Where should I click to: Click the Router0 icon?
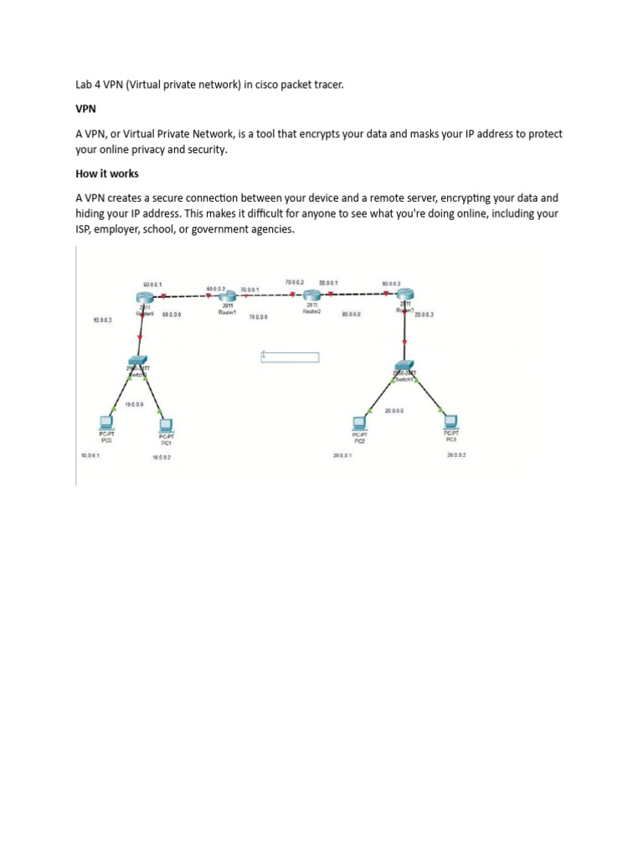pos(147,298)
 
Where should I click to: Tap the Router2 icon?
pos(312,295)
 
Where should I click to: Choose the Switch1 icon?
pos(405,369)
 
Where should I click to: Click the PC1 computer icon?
pos(166,425)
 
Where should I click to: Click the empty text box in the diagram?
pos(290,357)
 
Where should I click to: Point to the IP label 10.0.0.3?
pos(101,321)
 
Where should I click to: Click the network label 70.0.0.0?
pos(258,317)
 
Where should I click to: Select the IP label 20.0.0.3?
pos(424,315)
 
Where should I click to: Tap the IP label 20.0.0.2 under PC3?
pos(456,454)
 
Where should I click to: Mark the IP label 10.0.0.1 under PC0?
pos(89,455)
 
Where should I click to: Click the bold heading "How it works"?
pos(106,174)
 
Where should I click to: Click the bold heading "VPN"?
pos(85,109)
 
